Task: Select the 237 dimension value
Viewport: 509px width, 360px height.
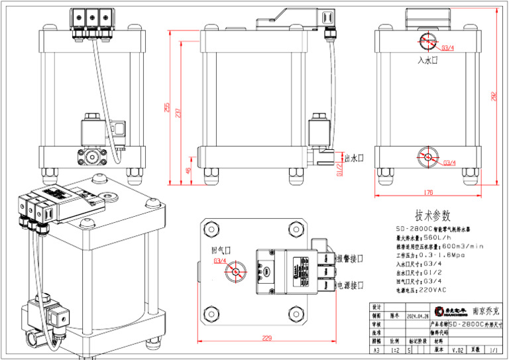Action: (x=177, y=114)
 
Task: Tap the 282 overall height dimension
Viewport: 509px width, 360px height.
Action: (x=494, y=95)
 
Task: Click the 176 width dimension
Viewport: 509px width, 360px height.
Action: (x=427, y=192)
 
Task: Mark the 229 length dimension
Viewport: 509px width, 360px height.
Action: (x=267, y=337)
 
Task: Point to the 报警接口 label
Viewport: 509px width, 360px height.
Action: (x=351, y=257)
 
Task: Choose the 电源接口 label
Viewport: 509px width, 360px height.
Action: (x=351, y=285)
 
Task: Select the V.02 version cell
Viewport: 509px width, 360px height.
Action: (x=457, y=349)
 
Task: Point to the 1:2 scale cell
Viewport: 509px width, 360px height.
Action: (x=395, y=349)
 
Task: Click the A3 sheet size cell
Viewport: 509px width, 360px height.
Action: (x=377, y=349)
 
